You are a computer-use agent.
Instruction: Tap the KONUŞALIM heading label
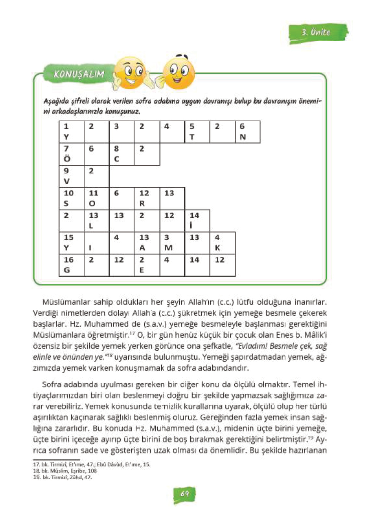(79, 74)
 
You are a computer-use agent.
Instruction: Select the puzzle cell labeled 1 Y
(72, 132)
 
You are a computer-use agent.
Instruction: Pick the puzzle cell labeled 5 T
(197, 132)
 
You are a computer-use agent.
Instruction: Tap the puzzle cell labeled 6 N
(248, 132)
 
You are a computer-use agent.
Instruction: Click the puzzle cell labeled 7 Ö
(72, 154)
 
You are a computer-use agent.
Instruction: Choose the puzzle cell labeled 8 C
(122, 154)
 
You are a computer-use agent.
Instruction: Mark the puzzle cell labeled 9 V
(72, 176)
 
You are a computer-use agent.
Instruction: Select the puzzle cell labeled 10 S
(72, 198)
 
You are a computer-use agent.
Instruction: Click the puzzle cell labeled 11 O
(97, 198)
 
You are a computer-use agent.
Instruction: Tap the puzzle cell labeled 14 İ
(197, 220)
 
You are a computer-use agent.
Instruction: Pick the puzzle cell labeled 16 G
(72, 265)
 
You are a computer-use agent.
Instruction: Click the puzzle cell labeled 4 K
(222, 243)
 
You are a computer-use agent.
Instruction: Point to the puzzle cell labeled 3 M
(172, 243)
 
